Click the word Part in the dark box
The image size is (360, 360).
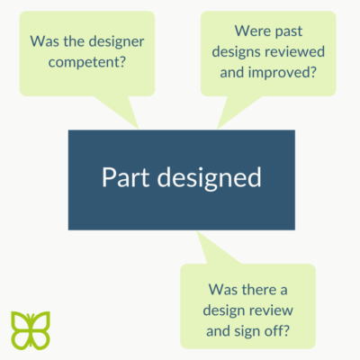point(125,177)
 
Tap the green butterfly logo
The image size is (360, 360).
point(31,330)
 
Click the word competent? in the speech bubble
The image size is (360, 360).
point(86,62)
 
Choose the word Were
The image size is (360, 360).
point(253,31)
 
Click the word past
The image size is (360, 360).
point(289,32)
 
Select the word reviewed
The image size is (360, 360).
point(292,51)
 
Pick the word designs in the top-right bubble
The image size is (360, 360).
point(233,52)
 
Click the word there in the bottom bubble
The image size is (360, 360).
point(259,290)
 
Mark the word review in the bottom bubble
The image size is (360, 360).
point(271,310)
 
